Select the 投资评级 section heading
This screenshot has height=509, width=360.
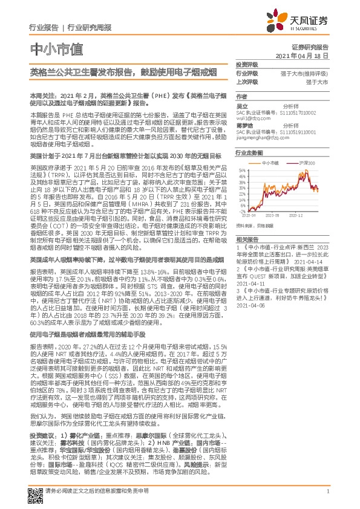coord(246,63)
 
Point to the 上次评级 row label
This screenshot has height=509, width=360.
coord(246,81)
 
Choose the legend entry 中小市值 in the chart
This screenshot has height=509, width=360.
coord(269,163)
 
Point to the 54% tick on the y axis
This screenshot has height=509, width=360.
coord(240,170)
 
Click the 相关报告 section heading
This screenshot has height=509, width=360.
coord(246,239)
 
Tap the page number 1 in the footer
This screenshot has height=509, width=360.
coord(327,490)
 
